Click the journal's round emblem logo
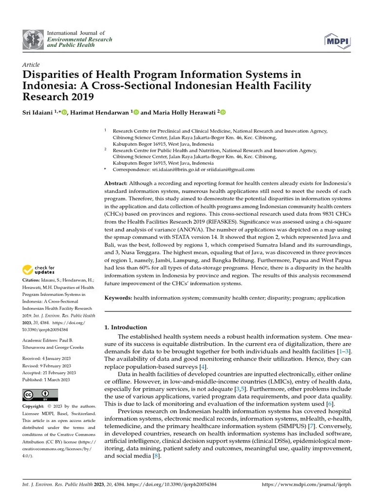click(x=33, y=38)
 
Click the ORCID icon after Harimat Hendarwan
click(x=136, y=112)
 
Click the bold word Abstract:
click(x=117, y=182)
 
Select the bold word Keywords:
click(x=118, y=298)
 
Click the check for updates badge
click(x=39, y=269)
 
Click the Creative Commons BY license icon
click(x=40, y=394)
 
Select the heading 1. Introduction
click(x=126, y=327)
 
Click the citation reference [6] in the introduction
click(x=330, y=403)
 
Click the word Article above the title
click(x=31, y=64)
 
